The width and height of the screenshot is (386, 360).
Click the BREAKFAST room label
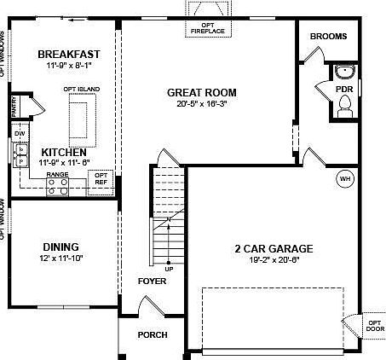click(64, 55)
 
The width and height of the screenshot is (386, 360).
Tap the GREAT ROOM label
click(201, 92)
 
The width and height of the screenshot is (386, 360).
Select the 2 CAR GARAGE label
click(274, 249)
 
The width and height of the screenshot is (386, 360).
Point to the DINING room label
click(61, 246)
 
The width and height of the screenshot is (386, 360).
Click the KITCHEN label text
click(62, 151)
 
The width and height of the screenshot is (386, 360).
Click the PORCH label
click(153, 334)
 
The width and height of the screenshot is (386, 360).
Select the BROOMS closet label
click(327, 37)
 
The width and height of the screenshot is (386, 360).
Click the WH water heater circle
click(344, 179)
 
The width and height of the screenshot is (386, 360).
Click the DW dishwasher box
click(20, 133)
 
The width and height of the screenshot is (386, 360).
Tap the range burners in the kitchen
click(58, 189)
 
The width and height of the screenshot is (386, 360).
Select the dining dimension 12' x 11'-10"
click(61, 258)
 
